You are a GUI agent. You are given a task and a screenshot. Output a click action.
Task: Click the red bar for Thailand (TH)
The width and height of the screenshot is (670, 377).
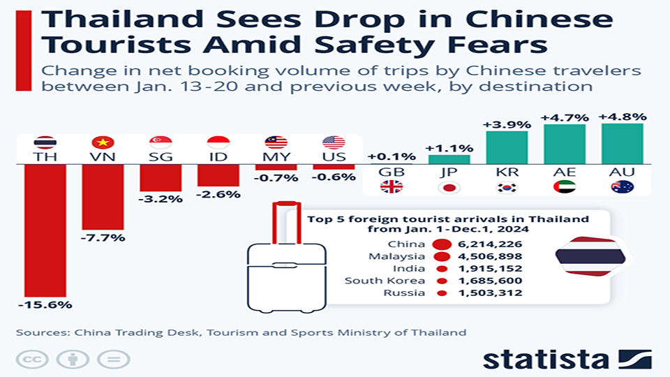[45, 230]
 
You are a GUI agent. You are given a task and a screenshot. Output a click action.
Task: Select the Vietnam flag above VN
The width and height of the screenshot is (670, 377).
[103, 142]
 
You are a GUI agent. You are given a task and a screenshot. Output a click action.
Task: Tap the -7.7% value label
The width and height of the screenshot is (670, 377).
[103, 237]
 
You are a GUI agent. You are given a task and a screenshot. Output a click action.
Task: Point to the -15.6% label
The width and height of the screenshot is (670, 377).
[45, 304]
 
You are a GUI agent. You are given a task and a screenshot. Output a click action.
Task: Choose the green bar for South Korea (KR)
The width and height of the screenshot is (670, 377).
[507, 147]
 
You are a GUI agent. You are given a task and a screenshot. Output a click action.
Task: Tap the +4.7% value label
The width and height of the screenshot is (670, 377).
[565, 117]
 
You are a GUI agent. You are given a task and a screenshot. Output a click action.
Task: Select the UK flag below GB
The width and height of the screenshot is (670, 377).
[391, 187]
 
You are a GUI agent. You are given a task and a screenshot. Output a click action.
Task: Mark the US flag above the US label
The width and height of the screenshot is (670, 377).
[334, 142]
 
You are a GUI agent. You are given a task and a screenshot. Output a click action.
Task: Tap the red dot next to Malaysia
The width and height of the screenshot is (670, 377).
[441, 256]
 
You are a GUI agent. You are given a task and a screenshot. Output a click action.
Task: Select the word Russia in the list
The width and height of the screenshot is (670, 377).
[404, 293]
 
